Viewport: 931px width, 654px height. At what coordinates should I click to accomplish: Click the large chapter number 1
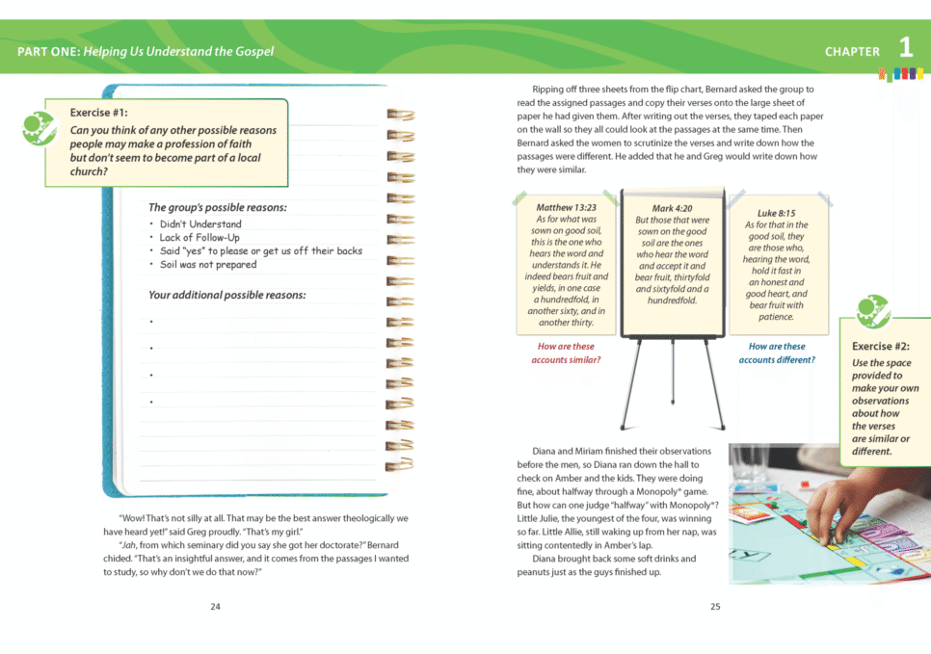(906, 47)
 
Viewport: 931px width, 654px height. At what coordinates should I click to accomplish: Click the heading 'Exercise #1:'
(98, 113)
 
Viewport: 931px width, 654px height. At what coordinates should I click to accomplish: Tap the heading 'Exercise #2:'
(880, 347)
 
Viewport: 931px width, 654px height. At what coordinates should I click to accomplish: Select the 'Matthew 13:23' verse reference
(566, 207)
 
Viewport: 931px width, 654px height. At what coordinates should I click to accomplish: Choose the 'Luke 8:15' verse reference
(776, 213)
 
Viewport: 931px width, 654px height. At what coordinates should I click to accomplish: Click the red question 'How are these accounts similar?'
(566, 353)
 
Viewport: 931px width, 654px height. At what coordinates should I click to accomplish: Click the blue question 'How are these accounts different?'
(777, 353)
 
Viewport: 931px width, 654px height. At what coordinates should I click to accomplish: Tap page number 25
(715, 607)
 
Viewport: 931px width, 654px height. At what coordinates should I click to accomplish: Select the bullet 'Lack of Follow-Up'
(199, 238)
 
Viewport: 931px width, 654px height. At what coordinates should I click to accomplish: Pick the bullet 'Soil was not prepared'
(208, 265)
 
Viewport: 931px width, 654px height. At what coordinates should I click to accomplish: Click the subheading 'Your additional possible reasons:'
(226, 295)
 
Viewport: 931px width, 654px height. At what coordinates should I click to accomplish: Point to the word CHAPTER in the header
(852, 52)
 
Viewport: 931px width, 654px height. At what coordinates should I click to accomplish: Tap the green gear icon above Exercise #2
(873, 311)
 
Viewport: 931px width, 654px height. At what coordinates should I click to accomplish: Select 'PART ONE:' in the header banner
(47, 51)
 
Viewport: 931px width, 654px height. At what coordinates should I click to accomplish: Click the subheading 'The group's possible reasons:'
(217, 207)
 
